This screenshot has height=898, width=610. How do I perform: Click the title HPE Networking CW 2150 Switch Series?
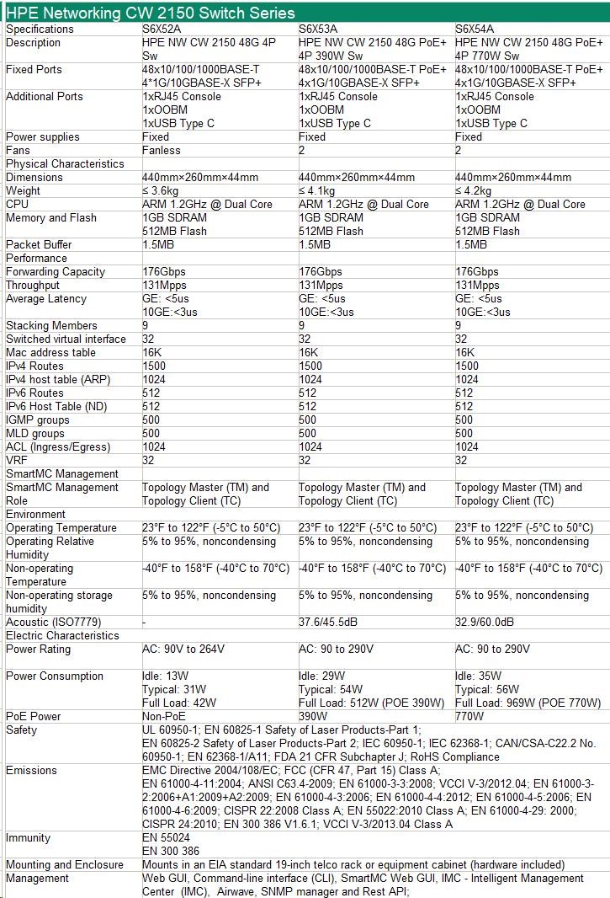(x=151, y=12)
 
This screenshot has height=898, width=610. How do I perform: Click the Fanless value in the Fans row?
(x=161, y=150)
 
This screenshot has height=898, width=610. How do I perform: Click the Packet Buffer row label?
(x=39, y=244)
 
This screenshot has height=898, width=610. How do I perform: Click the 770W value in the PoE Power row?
(x=469, y=716)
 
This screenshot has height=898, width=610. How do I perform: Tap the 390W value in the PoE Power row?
(x=313, y=716)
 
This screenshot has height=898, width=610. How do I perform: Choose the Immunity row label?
(x=28, y=837)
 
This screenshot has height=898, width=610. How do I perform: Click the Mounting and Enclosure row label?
(x=65, y=864)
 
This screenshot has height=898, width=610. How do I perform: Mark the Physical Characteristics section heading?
(x=65, y=163)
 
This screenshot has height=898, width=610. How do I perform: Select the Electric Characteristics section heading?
(x=62, y=635)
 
